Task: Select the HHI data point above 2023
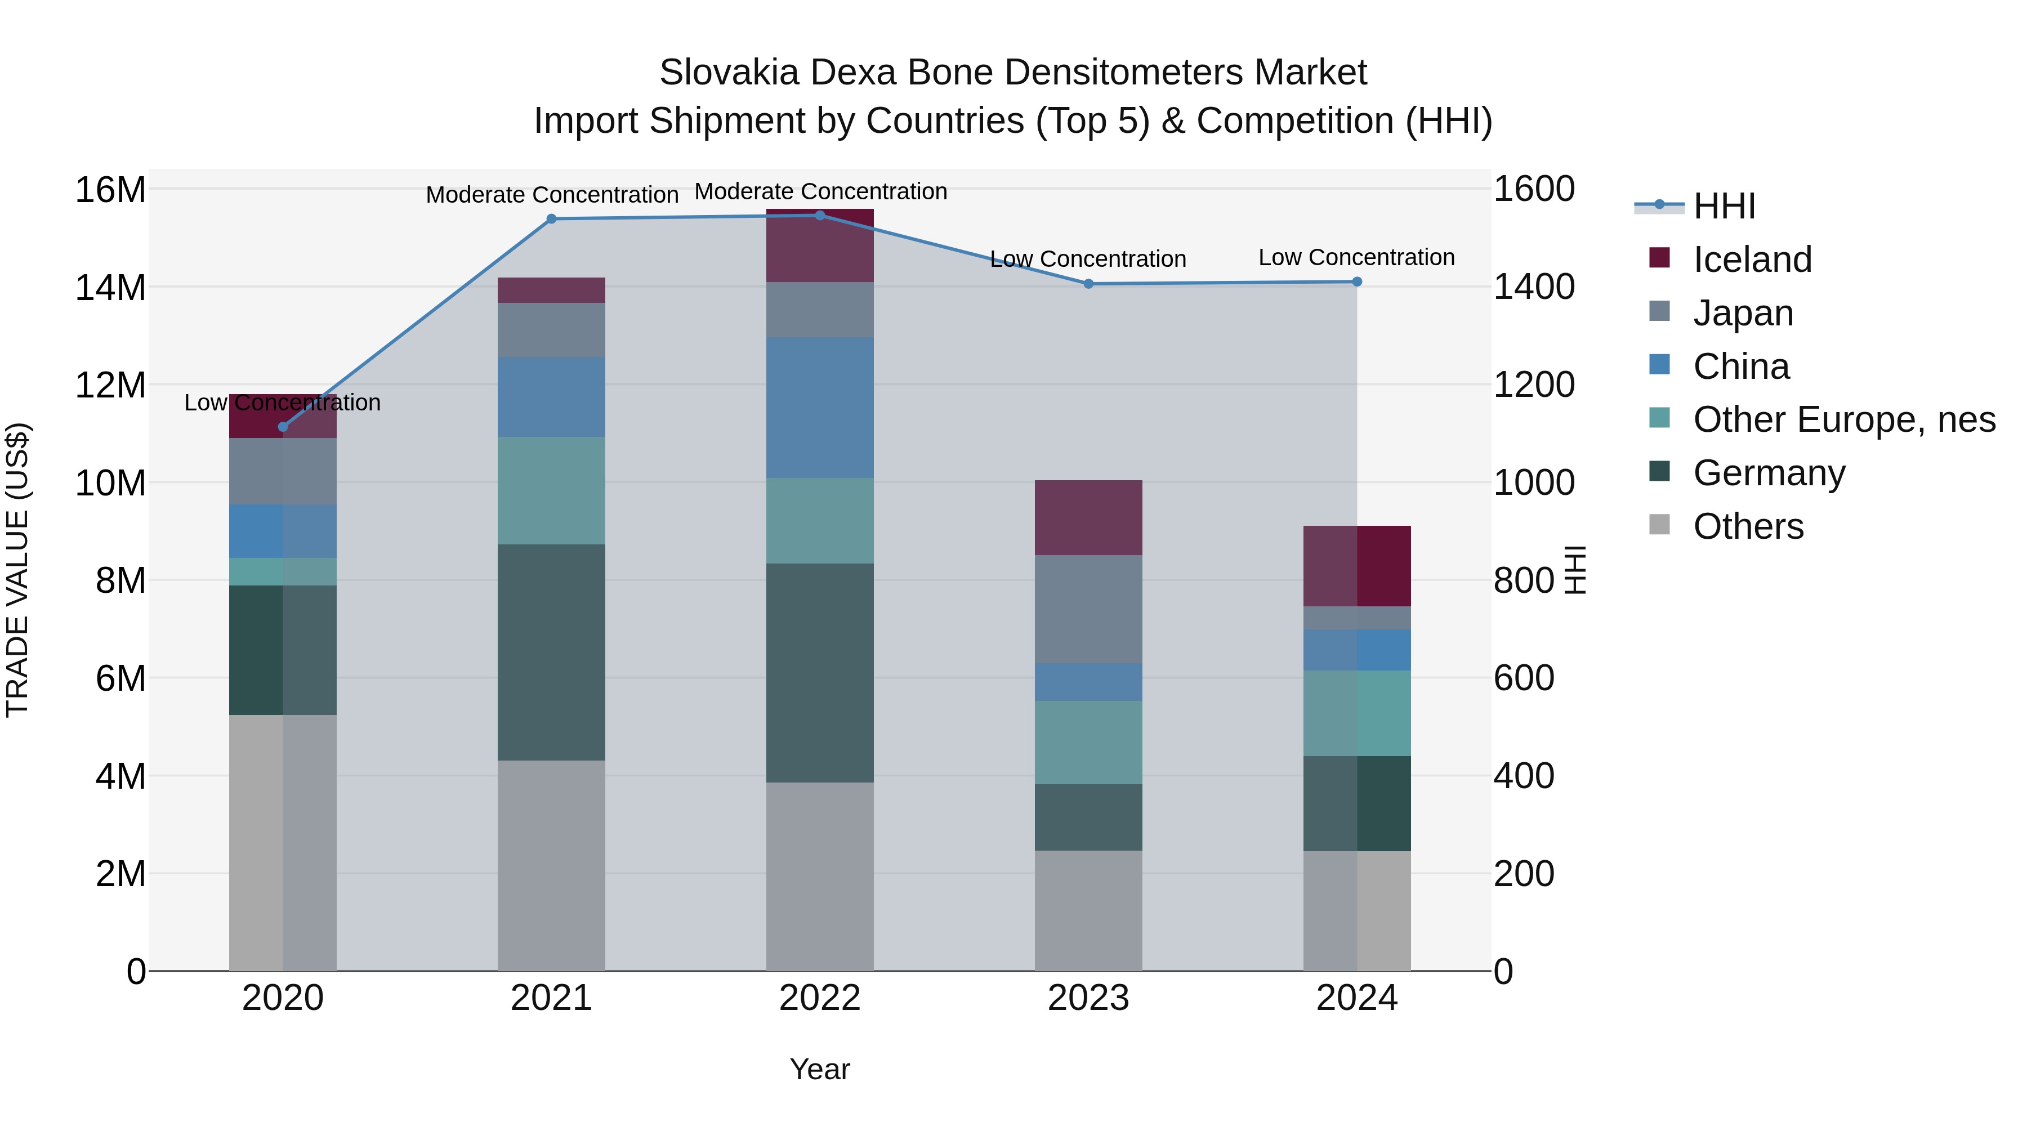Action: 1088,284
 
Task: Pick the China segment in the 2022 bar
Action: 819,408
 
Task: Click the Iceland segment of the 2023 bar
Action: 1088,518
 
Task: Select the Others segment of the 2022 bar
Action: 819,877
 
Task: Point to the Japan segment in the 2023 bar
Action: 1088,609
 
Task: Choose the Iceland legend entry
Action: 1752,260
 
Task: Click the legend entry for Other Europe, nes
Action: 1843,419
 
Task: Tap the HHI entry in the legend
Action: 1724,206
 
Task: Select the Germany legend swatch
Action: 1659,472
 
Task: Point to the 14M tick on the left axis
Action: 110,288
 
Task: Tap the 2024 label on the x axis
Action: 1356,998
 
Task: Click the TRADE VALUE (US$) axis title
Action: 17,570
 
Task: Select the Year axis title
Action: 819,1069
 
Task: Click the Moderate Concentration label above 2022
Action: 820,191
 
